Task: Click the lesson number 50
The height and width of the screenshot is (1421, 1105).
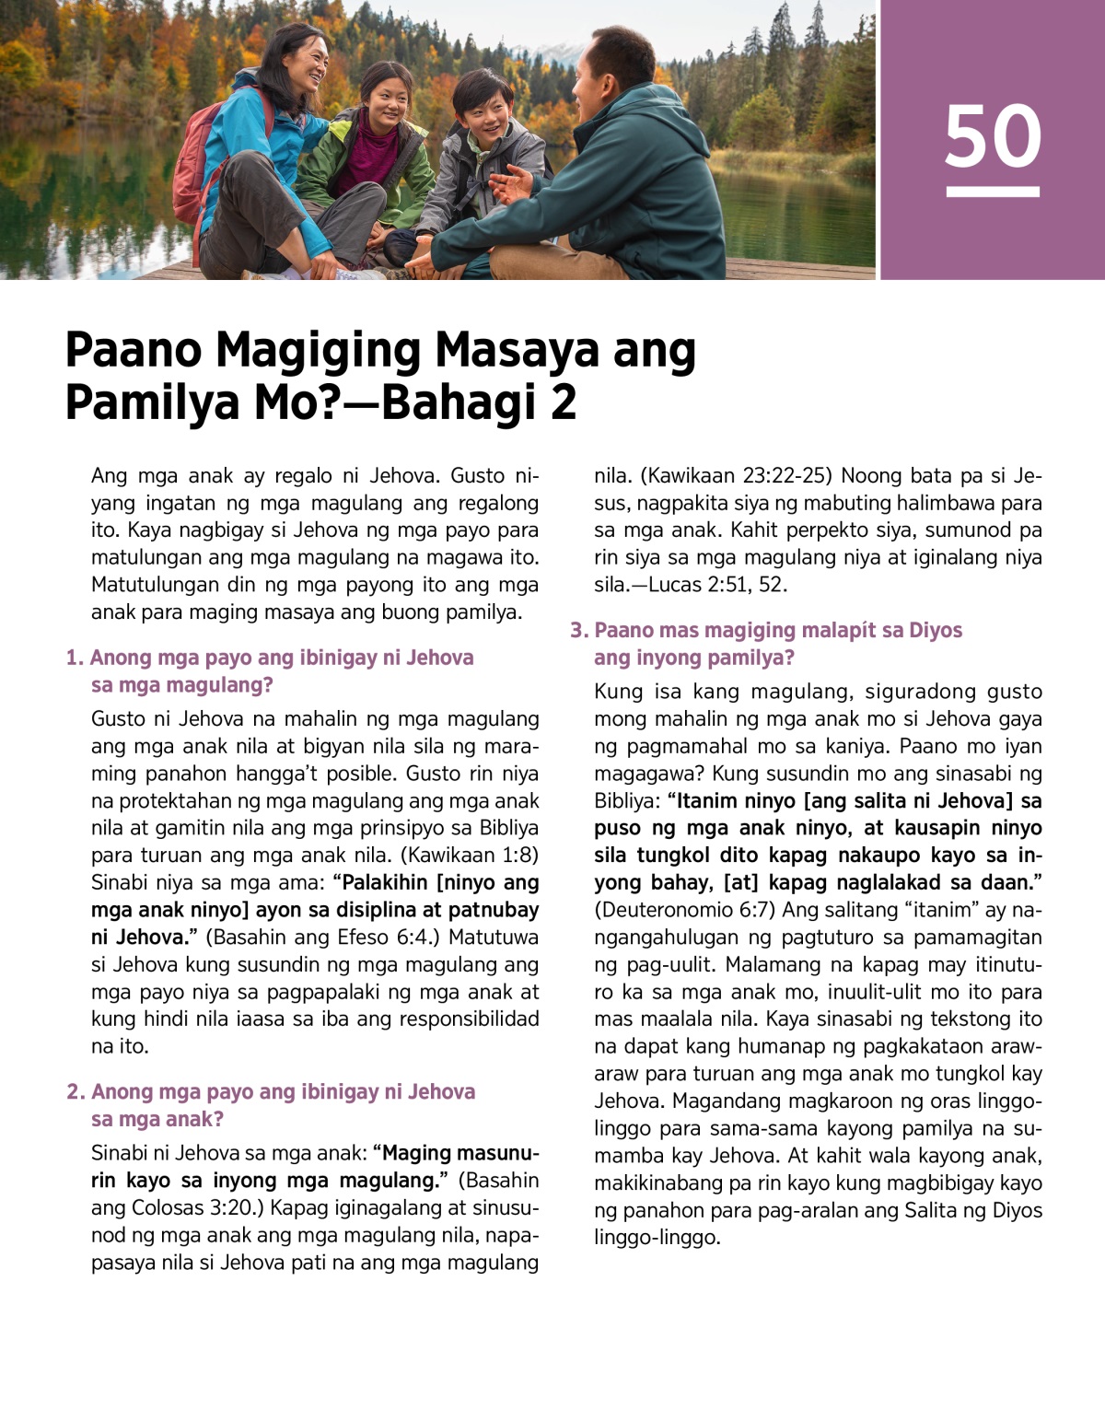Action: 993,136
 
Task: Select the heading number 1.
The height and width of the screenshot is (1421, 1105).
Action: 75,658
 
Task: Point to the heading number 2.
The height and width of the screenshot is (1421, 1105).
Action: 76,1091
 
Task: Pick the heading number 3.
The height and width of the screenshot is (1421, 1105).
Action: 578,630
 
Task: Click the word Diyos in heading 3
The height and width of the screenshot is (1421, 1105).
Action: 935,630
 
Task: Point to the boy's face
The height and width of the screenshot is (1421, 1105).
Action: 480,109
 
